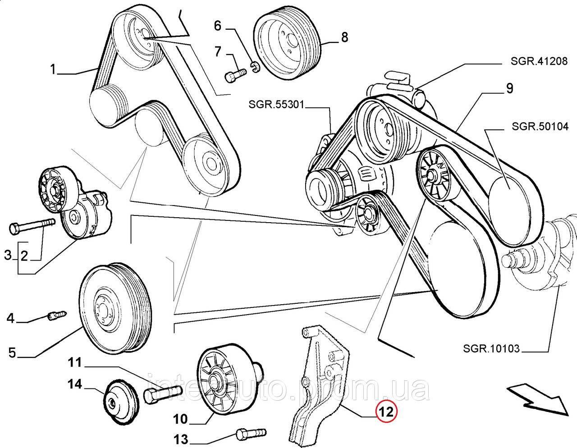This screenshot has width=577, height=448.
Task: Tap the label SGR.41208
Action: [x=539, y=61]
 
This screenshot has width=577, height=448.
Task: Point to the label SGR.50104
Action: [x=540, y=126]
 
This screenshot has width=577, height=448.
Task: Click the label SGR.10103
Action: [x=491, y=348]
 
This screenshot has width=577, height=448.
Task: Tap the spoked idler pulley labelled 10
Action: [x=224, y=383]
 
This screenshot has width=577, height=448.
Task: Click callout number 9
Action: [x=509, y=88]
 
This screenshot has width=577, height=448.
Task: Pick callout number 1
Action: [x=53, y=70]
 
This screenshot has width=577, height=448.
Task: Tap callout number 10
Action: [x=180, y=419]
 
